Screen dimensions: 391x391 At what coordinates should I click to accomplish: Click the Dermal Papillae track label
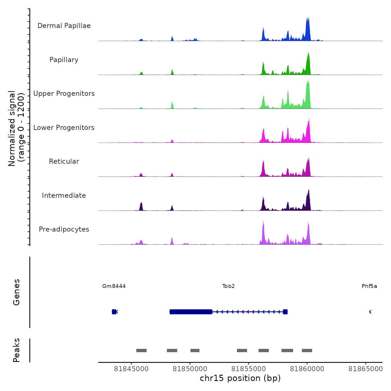[x=64, y=26]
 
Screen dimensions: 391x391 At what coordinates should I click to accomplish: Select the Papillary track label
[x=64, y=60]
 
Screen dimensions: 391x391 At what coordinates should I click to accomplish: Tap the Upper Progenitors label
[x=64, y=94]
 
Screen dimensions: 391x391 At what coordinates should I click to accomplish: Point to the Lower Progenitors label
[x=64, y=128]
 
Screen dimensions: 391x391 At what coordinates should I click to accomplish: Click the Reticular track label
[x=64, y=161]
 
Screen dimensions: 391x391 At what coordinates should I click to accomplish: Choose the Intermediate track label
[x=64, y=195]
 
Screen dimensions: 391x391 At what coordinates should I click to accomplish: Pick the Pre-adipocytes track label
[x=64, y=229]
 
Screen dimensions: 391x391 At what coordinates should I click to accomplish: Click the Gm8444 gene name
[x=114, y=286]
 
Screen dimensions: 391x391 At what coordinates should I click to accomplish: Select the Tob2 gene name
[x=228, y=286]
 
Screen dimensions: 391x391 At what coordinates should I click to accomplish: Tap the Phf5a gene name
[x=369, y=286]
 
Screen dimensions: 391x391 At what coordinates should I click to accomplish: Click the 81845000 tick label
[x=131, y=369]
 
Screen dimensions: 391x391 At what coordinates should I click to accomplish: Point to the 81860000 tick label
[x=307, y=369]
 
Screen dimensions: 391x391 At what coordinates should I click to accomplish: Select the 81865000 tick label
[x=366, y=369]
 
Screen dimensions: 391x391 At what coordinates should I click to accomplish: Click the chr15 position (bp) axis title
[x=240, y=378]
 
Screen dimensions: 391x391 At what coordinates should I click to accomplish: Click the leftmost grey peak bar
[x=141, y=351]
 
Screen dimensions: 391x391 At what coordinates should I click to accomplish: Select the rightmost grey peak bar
[x=307, y=351]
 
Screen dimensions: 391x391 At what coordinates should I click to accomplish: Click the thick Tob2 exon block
[x=191, y=312]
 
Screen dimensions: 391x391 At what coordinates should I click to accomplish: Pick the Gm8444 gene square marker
[x=114, y=312]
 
